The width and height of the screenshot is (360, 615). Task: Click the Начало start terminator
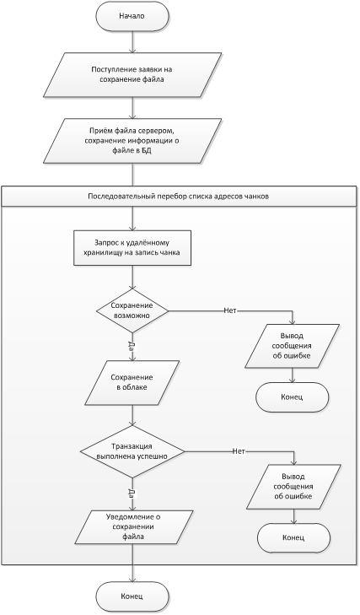coord(132,16)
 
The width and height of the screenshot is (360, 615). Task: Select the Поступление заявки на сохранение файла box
coord(132,74)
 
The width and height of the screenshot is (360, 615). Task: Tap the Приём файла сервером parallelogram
coord(132,141)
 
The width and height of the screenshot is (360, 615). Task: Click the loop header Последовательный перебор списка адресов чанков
coord(180,197)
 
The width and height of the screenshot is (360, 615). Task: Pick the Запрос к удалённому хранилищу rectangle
coord(132,248)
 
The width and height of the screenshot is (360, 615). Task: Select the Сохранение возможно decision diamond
coord(132,311)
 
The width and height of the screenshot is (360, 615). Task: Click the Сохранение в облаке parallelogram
coord(132,382)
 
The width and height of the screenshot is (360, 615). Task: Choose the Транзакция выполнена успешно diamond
coord(132,452)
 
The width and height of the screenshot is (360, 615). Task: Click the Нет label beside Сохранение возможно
coord(230,311)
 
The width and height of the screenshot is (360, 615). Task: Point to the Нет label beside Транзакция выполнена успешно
coord(239,451)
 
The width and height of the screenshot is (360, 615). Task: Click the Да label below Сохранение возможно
coord(132,345)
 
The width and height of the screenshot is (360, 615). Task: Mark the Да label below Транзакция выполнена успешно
coord(132,494)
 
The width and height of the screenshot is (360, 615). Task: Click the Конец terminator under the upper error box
coord(293,397)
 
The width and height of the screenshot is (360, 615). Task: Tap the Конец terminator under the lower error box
coord(293,537)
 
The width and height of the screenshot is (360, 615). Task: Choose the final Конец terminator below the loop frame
coord(132,596)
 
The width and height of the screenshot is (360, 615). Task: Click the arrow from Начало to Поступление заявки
coord(132,41)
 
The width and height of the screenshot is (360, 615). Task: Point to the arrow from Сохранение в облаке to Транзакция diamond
coord(132,415)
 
